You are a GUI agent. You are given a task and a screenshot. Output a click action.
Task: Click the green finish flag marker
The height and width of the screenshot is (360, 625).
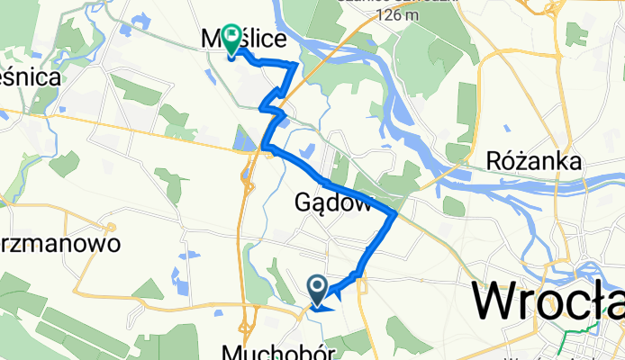231,38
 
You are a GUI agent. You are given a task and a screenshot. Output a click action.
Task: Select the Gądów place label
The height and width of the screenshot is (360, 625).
333,203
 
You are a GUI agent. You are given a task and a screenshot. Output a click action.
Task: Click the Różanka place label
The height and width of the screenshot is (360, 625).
533,161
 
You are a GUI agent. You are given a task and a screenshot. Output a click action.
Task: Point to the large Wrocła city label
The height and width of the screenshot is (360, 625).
549,301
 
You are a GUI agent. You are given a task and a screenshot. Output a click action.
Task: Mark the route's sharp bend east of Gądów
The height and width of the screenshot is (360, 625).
395,214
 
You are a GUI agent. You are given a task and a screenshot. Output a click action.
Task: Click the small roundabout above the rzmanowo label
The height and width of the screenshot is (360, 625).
111,227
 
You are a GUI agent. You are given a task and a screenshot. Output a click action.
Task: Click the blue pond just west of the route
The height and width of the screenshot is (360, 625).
241,139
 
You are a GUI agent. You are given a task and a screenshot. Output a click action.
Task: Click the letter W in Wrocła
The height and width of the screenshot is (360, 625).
497,302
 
